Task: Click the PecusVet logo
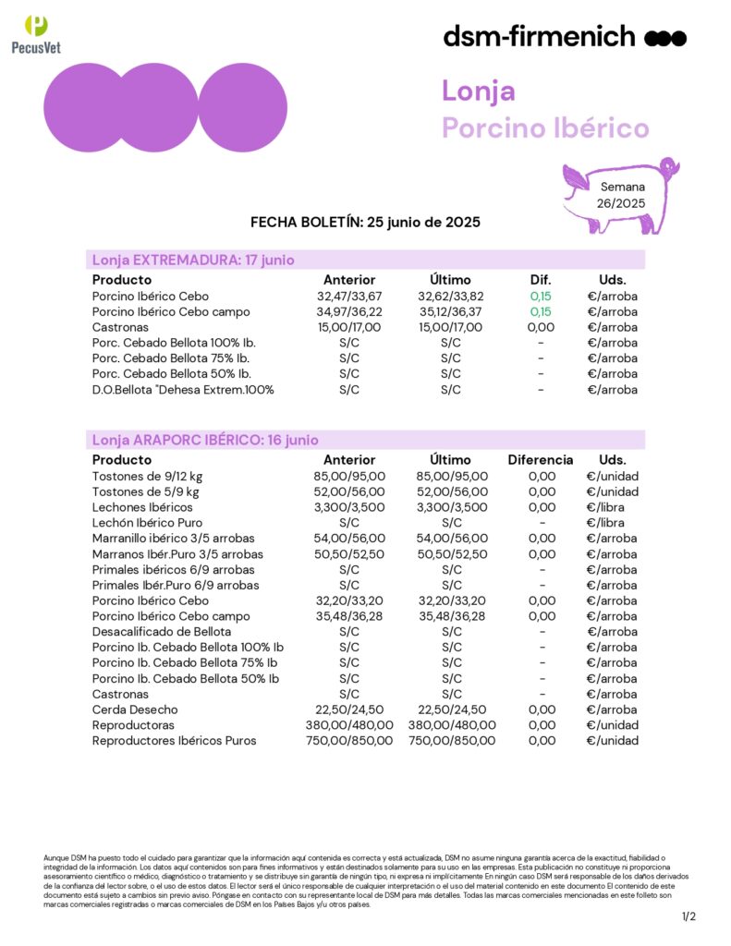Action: pyautogui.click(x=36, y=34)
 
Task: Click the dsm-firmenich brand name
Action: pyautogui.click(x=539, y=37)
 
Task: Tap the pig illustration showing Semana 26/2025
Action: pyautogui.click(x=620, y=195)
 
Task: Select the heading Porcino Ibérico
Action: pyautogui.click(x=545, y=127)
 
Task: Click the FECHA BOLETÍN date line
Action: pyautogui.click(x=365, y=223)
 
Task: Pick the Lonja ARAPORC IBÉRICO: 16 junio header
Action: pyautogui.click(x=205, y=440)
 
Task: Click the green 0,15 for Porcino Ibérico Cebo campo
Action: pyautogui.click(x=541, y=312)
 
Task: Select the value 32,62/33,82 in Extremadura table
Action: pyautogui.click(x=450, y=297)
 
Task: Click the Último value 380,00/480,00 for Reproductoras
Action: pyautogui.click(x=450, y=725)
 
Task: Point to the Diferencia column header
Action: pyautogui.click(x=541, y=460)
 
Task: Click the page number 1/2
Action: pyautogui.click(x=688, y=916)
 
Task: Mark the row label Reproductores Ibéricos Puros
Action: pyautogui.click(x=175, y=741)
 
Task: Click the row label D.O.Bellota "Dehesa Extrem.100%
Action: pyautogui.click(x=183, y=390)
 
